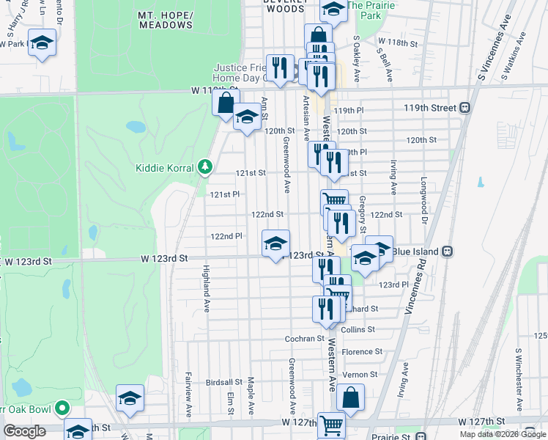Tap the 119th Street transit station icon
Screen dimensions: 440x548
464,108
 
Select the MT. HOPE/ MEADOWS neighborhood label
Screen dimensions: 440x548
166,20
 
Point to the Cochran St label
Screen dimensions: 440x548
304,338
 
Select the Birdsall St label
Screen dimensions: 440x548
223,382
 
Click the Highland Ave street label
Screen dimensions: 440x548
207,289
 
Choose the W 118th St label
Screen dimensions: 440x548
396,43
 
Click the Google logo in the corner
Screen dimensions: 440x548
24,431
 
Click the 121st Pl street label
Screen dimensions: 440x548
225,194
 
